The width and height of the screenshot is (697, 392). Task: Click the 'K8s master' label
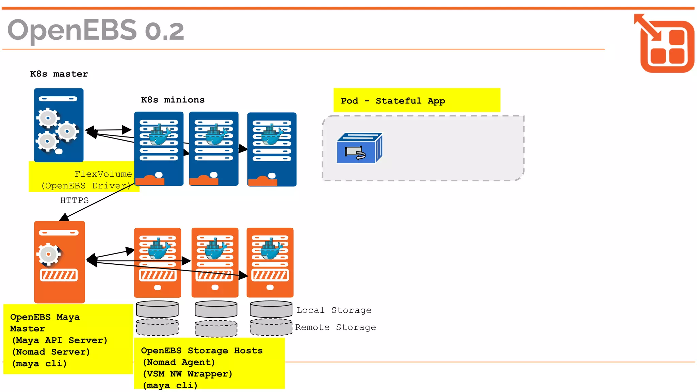[59, 74]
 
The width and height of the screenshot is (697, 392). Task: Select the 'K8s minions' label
[173, 100]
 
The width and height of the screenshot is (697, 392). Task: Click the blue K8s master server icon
[59, 125]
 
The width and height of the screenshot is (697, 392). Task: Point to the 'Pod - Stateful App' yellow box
[417, 100]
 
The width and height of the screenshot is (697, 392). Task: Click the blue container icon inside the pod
[359, 148]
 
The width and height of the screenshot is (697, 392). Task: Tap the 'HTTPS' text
[74, 200]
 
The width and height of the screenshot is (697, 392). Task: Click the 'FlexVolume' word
[103, 174]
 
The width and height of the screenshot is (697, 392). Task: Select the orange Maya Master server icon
[59, 262]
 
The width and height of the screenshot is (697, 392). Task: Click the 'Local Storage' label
[334, 310]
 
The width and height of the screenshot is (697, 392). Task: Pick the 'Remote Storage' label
[335, 327]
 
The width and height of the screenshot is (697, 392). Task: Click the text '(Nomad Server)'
[51, 352]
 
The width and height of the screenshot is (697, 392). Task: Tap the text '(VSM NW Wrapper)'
[188, 374]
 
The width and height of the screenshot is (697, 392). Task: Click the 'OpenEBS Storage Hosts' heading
[202, 350]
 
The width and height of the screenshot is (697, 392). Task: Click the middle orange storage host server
[215, 262]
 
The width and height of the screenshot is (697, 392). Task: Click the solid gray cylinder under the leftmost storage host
[157, 309]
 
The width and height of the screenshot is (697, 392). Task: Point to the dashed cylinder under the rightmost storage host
[271, 327]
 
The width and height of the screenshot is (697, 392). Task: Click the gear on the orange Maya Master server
[49, 254]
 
